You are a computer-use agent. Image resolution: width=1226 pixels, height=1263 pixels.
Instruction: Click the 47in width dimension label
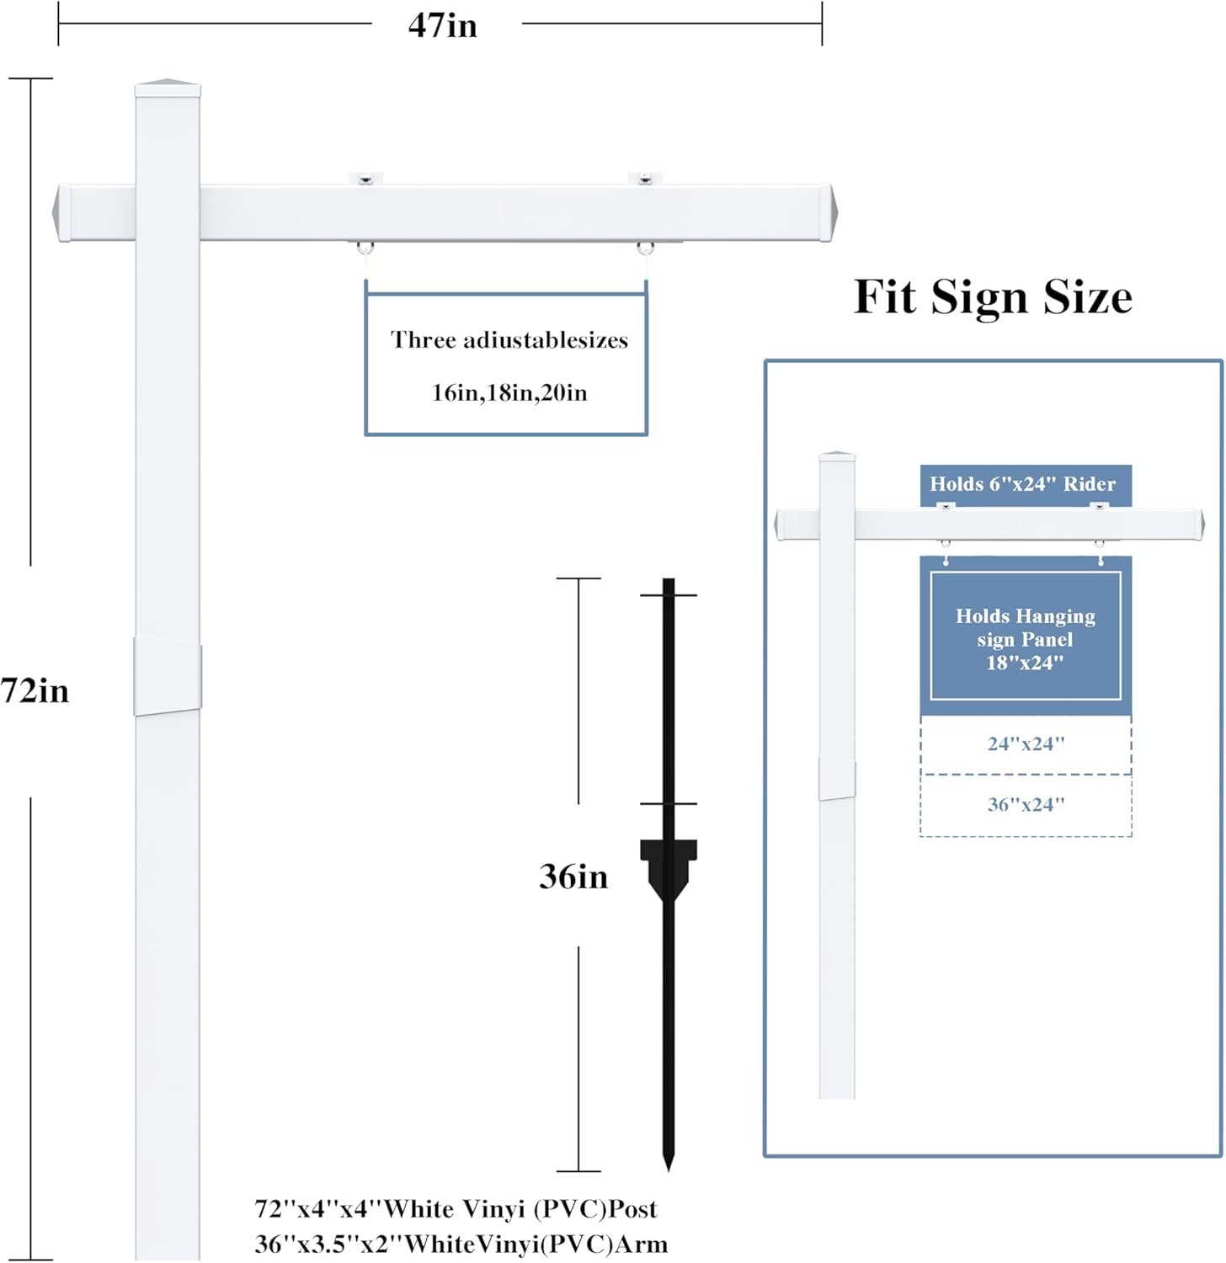442,25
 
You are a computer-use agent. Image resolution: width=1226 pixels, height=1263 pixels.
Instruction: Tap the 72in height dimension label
35,690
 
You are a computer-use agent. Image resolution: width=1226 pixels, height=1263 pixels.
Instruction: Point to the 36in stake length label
573,877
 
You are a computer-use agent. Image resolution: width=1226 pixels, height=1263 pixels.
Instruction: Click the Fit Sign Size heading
993,297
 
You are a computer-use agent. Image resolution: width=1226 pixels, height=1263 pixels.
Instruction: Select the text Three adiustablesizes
509,340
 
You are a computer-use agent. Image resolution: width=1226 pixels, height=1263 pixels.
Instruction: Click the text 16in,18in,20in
509,392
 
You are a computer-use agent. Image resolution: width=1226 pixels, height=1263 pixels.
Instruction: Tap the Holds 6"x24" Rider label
1022,484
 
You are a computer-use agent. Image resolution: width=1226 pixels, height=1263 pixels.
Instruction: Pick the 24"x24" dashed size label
1026,744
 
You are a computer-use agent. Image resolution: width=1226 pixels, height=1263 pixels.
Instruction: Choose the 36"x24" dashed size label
1026,805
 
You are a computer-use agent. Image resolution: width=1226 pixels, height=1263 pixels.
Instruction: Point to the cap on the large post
168,86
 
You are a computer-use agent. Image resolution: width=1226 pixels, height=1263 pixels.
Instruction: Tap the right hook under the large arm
645,249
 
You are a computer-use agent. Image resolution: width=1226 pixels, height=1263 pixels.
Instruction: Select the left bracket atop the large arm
365,179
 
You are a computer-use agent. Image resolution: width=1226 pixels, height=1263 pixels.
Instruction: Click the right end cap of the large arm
827,212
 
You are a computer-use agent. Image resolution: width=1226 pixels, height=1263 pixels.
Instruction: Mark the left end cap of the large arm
61,212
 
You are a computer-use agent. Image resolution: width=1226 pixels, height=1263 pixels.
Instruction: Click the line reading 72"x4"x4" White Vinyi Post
456,1209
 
